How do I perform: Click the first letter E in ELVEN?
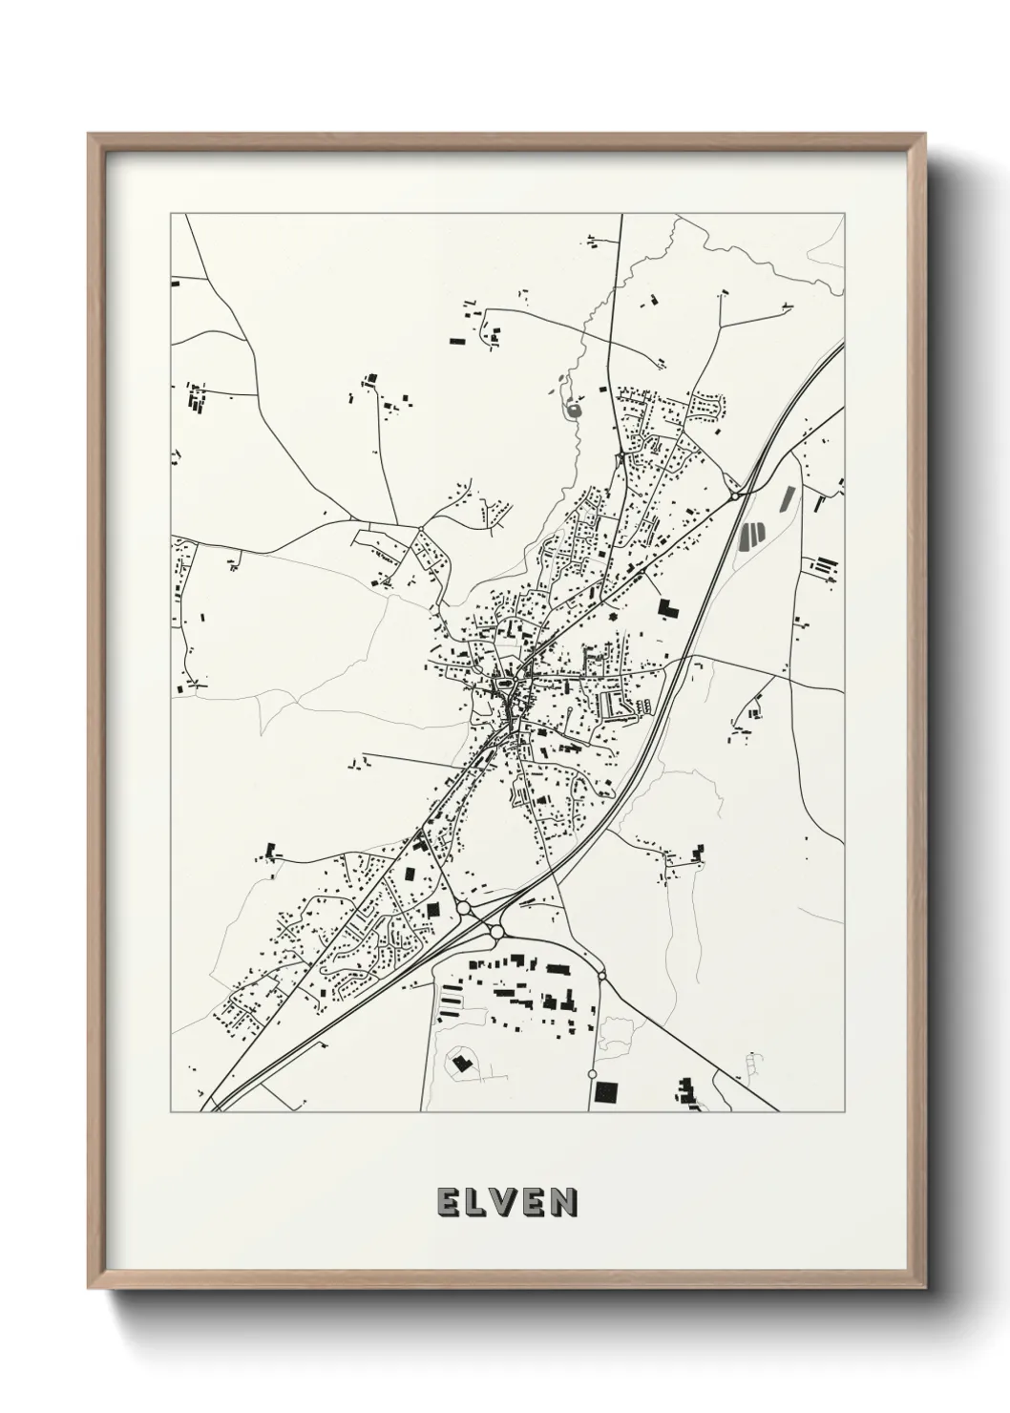click(447, 1203)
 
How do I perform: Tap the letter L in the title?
click(475, 1203)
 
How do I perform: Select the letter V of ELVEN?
click(505, 1203)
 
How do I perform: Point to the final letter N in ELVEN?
click(563, 1203)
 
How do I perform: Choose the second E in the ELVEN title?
click(535, 1203)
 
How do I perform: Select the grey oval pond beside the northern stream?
click(573, 411)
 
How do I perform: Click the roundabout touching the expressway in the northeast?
click(734, 496)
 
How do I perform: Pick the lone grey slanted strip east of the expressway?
click(789, 498)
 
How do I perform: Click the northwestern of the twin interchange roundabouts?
click(464, 908)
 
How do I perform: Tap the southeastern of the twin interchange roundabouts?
click(496, 931)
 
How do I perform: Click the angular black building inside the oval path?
click(461, 1062)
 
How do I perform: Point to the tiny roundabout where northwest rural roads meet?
click(420, 529)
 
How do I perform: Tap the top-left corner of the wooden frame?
click(89, 135)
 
